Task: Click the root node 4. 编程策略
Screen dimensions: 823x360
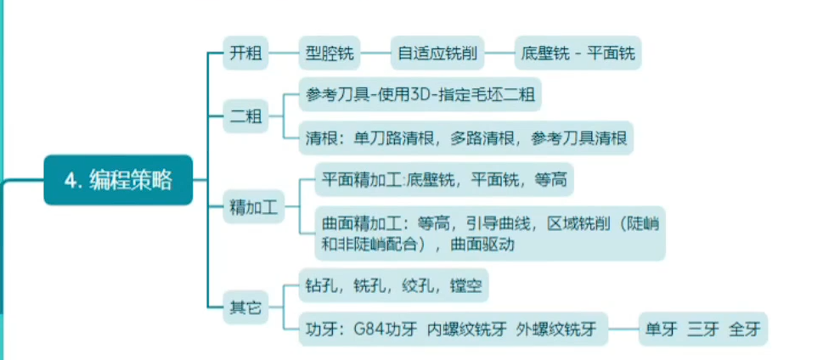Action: tap(118, 180)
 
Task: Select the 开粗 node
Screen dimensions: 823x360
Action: tap(245, 53)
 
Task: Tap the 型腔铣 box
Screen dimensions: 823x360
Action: tap(330, 53)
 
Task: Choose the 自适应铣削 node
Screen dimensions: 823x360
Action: tap(437, 53)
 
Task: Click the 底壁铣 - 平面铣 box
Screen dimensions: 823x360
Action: tap(578, 53)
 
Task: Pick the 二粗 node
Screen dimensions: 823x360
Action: tap(245, 116)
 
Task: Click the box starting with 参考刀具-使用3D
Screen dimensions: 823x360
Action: tap(420, 94)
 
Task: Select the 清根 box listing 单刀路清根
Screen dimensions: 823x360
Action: tap(466, 138)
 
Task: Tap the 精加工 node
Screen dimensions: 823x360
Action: tap(254, 206)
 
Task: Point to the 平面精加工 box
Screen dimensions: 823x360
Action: tap(444, 179)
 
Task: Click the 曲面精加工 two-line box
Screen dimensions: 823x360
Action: tap(490, 233)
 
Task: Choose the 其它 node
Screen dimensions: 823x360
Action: tap(245, 307)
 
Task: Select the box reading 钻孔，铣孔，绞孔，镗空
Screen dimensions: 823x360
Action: tap(393, 285)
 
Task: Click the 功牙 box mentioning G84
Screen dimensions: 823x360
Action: tap(453, 329)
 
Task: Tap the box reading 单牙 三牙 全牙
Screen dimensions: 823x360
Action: tap(696, 329)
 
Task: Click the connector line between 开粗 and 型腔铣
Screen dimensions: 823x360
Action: tap(284, 53)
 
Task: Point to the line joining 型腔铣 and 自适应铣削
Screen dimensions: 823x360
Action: tap(375, 53)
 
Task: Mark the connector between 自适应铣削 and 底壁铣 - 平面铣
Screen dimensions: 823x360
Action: tap(499, 53)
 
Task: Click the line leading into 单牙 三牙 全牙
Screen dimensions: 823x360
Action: tap(623, 329)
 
